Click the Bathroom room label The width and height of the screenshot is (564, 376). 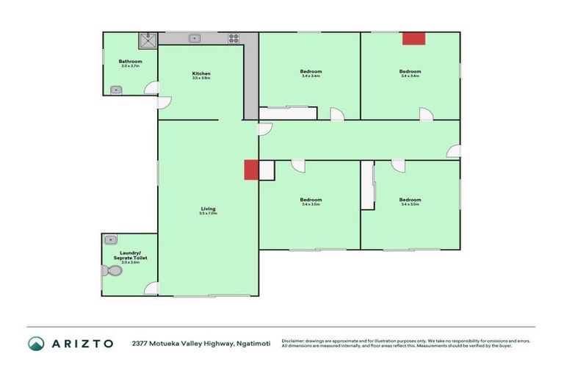130,61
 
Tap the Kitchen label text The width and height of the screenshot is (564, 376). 201,73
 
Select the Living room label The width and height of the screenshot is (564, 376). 208,209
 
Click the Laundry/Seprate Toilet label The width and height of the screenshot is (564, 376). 130,254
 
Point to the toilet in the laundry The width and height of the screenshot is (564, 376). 112,271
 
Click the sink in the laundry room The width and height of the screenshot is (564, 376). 110,239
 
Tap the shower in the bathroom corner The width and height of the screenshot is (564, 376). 150,36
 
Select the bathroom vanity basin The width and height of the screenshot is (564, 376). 115,90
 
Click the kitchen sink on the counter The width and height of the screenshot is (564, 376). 195,38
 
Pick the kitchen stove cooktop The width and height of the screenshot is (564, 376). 234,38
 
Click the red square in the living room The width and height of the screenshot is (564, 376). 251,169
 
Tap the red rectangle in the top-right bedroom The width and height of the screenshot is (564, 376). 413,38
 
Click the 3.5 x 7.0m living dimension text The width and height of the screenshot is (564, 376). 208,214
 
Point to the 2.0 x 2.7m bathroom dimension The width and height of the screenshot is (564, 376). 130,66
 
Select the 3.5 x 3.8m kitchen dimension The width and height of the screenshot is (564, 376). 201,78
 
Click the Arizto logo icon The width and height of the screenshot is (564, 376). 36,343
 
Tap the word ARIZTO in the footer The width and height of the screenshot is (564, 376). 82,343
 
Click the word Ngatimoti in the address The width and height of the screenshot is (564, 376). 253,343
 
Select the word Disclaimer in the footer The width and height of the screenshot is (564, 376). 292,341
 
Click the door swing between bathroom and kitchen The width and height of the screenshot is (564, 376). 153,88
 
